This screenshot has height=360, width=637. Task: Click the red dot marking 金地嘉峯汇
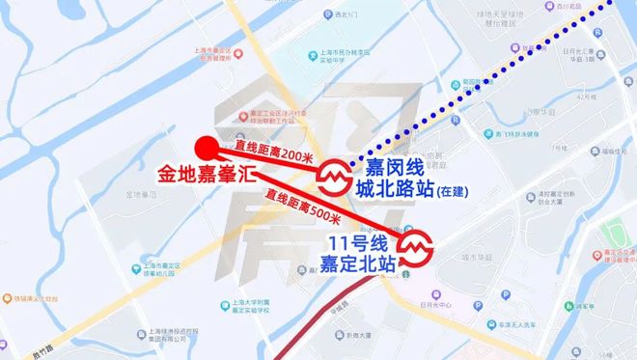(205, 148)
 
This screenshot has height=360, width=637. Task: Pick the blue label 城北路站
(392, 188)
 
